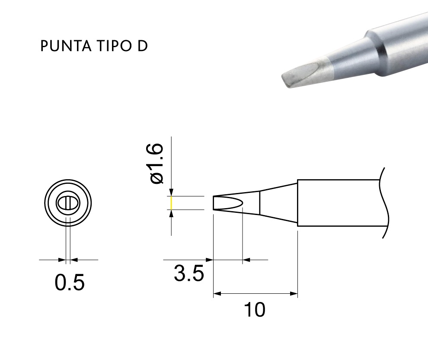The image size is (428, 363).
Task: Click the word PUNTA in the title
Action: pyautogui.click(x=66, y=46)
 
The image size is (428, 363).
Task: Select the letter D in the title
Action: pyautogui.click(x=142, y=46)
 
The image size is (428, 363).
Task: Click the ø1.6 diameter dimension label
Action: pyautogui.click(x=157, y=164)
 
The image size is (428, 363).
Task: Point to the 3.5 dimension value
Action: pyautogui.click(x=189, y=273)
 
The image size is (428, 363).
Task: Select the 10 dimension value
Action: pyautogui.click(x=254, y=309)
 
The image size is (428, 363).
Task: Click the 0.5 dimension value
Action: pyautogui.click(x=70, y=282)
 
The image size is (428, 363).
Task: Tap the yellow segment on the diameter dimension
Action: pyautogui.click(x=172, y=203)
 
